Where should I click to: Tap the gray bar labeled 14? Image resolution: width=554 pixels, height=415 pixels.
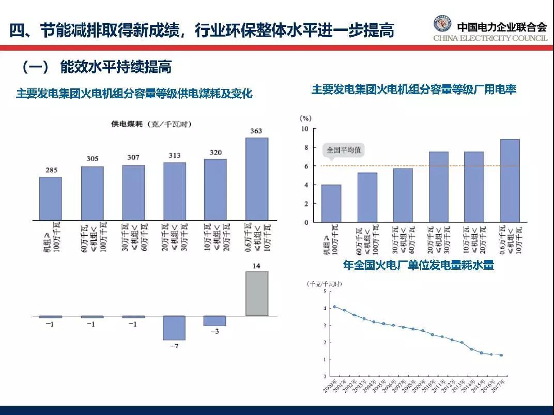point(256,293)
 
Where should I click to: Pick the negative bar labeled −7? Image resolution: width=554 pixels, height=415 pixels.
point(174,328)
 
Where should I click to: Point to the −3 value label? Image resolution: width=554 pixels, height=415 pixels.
point(214,331)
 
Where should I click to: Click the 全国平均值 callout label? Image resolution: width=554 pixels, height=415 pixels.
point(344,150)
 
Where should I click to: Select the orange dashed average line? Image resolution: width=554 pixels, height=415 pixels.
point(413,166)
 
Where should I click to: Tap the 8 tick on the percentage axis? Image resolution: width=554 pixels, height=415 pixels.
point(305,147)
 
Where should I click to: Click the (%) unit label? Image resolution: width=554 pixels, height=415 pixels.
point(305,118)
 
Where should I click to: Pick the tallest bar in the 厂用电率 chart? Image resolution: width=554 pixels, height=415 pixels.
point(510,180)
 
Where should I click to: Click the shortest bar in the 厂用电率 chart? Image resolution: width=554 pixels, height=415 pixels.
point(331,203)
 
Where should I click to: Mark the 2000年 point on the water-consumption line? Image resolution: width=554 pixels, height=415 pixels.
point(334,306)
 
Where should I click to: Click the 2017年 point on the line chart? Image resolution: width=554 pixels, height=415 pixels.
point(501,355)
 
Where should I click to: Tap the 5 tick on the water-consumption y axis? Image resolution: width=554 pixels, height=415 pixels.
point(325,291)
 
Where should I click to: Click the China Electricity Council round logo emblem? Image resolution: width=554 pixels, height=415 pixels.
point(442,24)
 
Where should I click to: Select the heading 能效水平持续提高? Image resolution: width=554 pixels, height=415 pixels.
point(116,67)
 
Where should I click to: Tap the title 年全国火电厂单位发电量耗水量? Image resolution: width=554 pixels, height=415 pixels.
point(419,265)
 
